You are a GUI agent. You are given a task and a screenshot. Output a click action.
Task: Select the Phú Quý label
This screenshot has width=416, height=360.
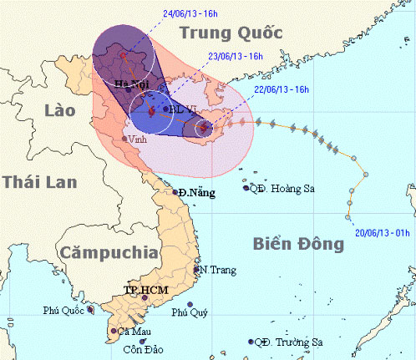click(x=189, y=313)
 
